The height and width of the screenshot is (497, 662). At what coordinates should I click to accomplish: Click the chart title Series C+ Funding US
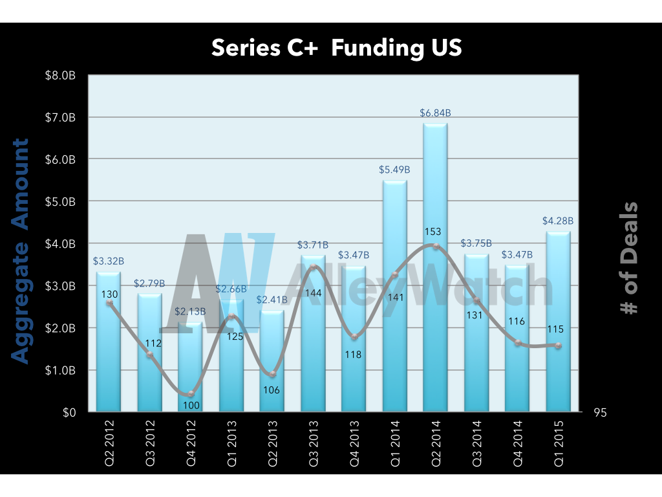336,48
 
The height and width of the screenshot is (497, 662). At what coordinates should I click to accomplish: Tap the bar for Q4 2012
190,369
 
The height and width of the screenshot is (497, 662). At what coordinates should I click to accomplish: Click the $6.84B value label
435,113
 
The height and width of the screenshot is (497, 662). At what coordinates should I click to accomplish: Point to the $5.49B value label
394,170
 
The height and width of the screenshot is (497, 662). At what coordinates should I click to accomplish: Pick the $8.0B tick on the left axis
61,76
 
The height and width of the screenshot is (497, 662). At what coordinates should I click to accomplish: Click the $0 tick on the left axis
69,412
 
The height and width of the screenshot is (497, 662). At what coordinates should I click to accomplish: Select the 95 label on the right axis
600,414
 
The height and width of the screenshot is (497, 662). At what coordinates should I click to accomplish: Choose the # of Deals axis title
628,259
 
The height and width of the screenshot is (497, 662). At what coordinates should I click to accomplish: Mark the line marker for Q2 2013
273,374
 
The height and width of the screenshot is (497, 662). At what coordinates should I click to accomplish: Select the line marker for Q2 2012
109,302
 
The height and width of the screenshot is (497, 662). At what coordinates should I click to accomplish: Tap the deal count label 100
192,406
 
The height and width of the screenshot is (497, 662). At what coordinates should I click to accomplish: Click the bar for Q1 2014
394,298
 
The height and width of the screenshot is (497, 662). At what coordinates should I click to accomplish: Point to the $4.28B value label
557,221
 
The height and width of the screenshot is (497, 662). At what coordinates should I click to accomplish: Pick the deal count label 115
555,329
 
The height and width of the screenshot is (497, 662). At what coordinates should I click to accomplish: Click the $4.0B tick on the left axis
61,244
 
